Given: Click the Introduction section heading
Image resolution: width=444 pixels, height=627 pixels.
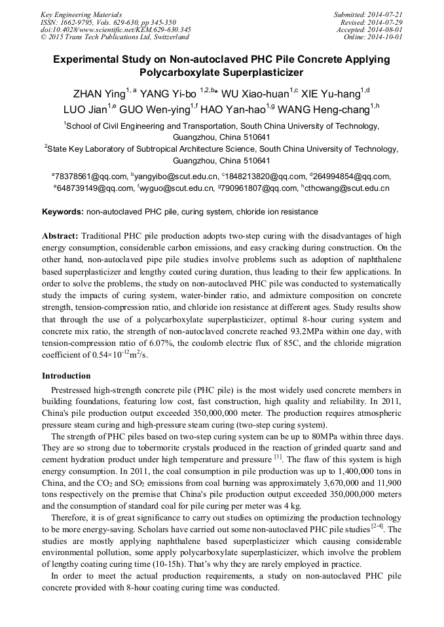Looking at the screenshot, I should coord(66,376).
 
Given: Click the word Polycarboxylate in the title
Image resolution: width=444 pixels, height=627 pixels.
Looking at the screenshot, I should coord(179,73).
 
